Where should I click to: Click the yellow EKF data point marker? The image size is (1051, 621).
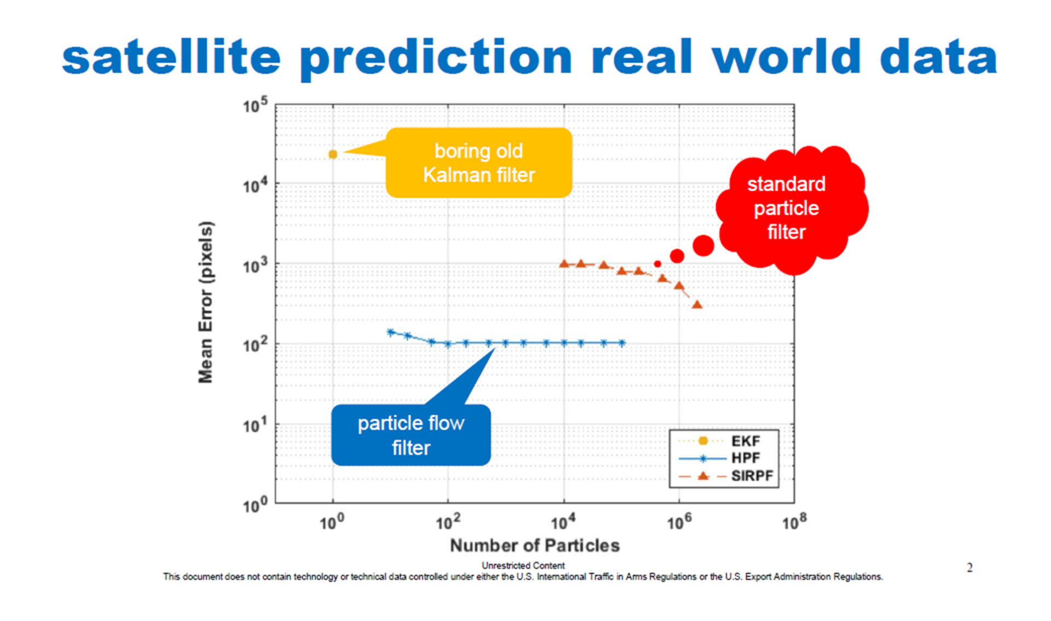[333, 154]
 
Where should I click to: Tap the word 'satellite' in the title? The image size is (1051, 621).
[171, 58]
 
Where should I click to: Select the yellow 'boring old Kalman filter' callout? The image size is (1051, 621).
[478, 163]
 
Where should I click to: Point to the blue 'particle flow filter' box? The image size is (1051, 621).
[411, 435]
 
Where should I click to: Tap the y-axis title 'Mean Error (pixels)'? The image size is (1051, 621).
[205, 302]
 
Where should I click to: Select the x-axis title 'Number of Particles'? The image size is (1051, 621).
[534, 545]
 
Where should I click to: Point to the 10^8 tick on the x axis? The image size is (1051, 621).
[794, 522]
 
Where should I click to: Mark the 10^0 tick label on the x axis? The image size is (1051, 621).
[332, 522]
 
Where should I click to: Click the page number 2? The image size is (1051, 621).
[969, 568]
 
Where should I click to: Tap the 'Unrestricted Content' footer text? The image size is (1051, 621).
[523, 565]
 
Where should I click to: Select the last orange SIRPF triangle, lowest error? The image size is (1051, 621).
[697, 304]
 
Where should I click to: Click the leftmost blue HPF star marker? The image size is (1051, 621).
[391, 332]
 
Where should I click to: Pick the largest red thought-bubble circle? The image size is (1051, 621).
[703, 246]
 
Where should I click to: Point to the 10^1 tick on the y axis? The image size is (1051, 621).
[255, 424]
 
